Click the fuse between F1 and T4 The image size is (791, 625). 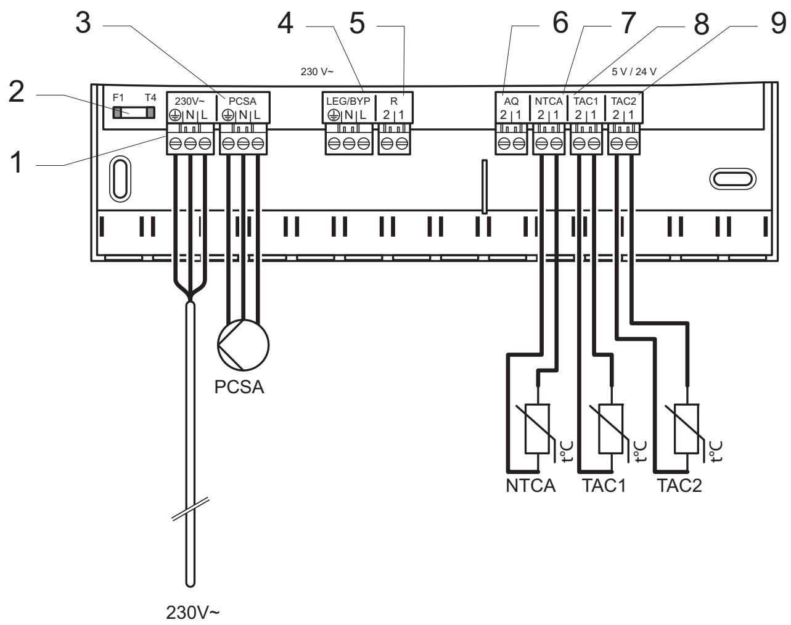tap(134, 112)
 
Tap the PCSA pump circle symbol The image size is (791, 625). tap(244, 345)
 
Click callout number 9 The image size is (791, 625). tap(778, 23)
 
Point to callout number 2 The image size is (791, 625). tap(17, 91)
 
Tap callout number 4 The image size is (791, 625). tap(285, 23)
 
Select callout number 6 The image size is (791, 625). tap(560, 23)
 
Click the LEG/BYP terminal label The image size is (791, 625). tap(348, 101)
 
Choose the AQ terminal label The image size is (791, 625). tap(511, 101)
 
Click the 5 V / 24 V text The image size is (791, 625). tap(634, 71)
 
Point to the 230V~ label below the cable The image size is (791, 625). tap(192, 613)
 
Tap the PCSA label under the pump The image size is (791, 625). tap(239, 387)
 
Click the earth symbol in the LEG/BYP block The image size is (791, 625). tap(334, 116)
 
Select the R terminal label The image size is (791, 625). tap(394, 101)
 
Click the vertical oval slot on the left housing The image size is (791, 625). tap(120, 179)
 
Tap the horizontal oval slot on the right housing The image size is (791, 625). tap(732, 179)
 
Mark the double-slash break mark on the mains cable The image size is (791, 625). tap(191, 509)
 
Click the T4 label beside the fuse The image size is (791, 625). tap(150, 98)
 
